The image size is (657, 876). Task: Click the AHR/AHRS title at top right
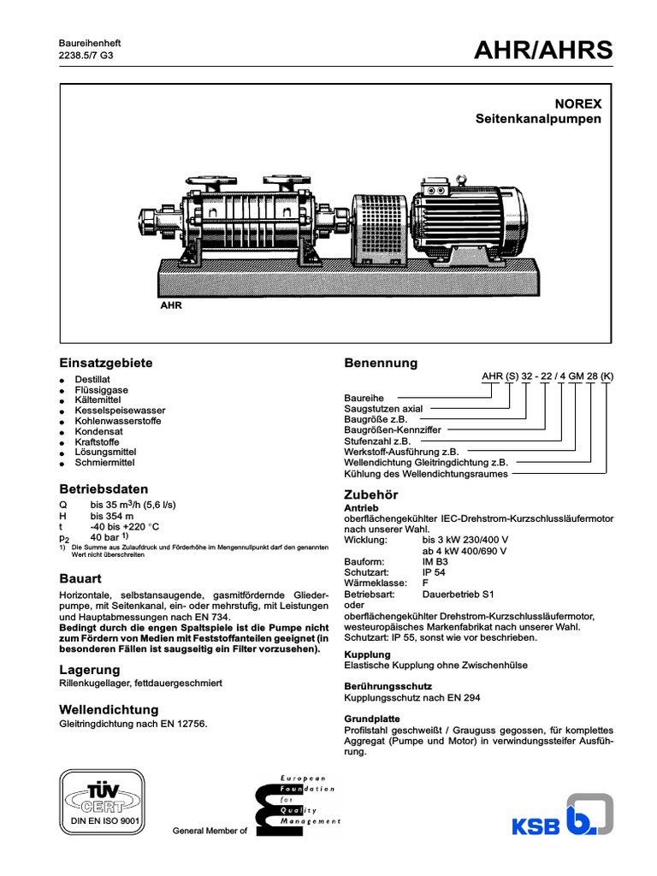543,51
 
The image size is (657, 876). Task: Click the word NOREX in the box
579,104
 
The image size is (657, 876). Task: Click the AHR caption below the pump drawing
171,305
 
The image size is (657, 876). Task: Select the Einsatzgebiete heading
105,363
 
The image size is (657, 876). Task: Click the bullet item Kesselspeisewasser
120,411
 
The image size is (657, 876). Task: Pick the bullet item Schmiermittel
105,462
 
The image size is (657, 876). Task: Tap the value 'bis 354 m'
112,517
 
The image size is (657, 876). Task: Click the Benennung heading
381,363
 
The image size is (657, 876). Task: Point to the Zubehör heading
370,495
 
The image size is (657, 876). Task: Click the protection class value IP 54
435,571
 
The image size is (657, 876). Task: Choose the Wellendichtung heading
109,709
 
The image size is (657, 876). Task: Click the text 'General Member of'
210,832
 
